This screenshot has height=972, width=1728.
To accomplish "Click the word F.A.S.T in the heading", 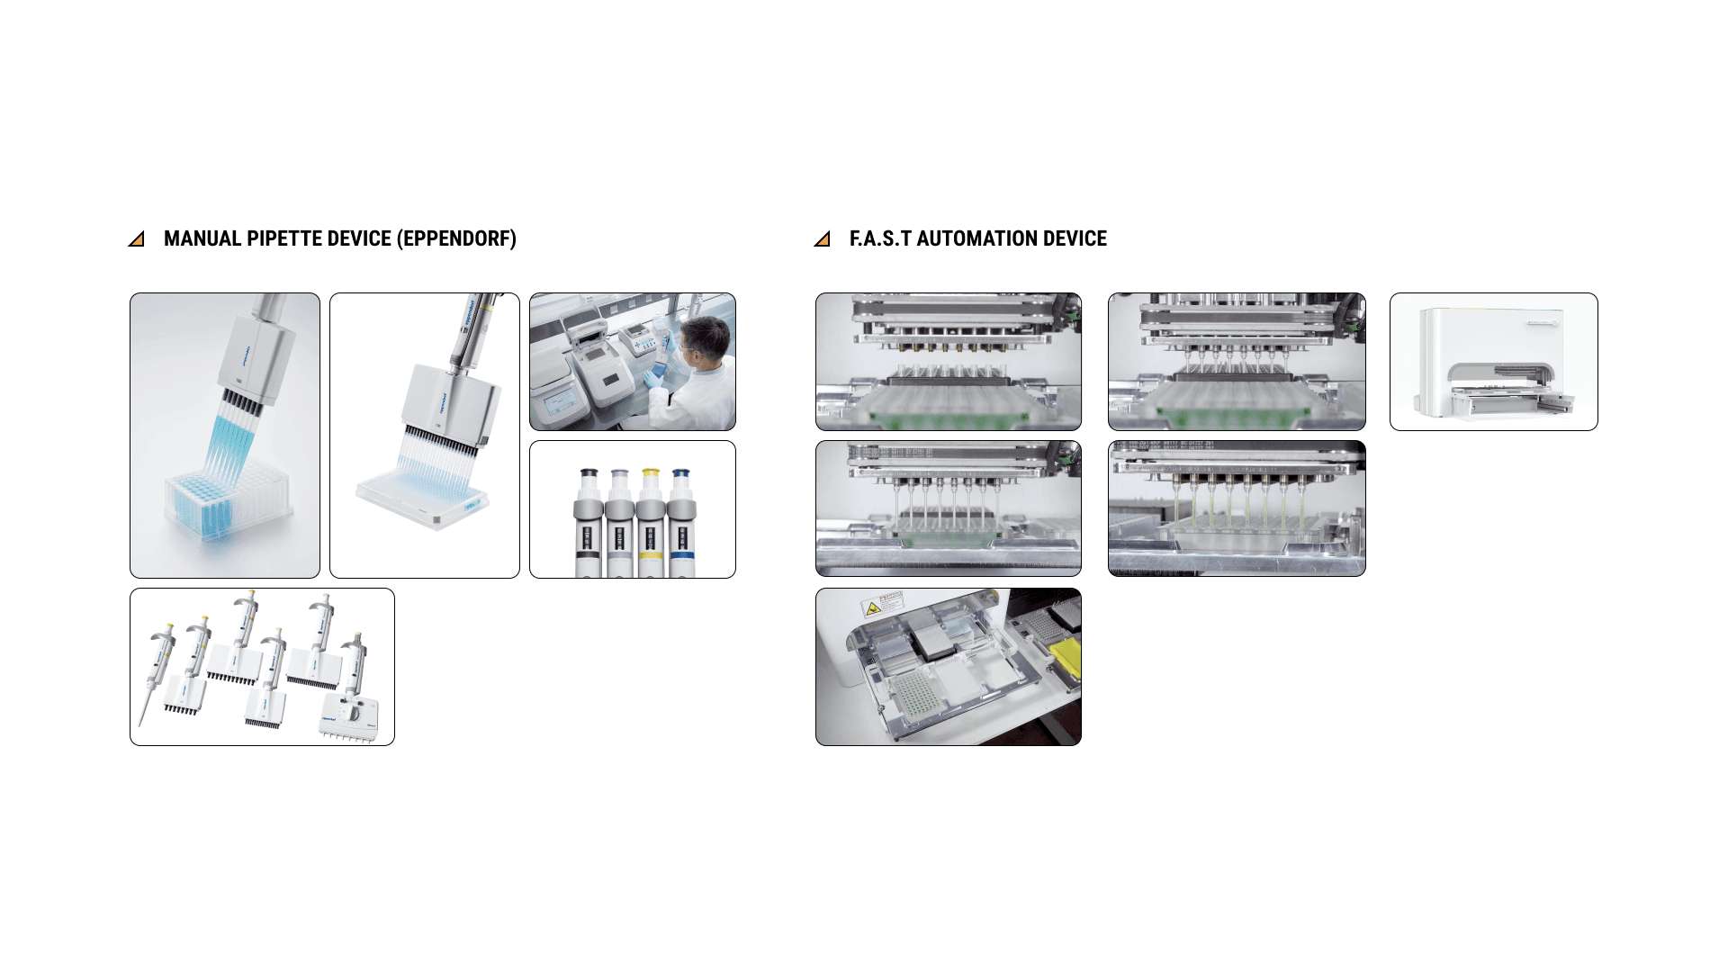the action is [x=880, y=238].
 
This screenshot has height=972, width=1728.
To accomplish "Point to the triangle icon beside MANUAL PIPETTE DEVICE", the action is [x=137, y=239].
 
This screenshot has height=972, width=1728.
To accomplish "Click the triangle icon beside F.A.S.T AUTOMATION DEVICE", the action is [x=822, y=239].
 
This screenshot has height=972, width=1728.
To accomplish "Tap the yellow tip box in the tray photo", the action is [x=1066, y=656].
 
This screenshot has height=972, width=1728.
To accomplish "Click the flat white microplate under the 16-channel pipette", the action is [x=423, y=499].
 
